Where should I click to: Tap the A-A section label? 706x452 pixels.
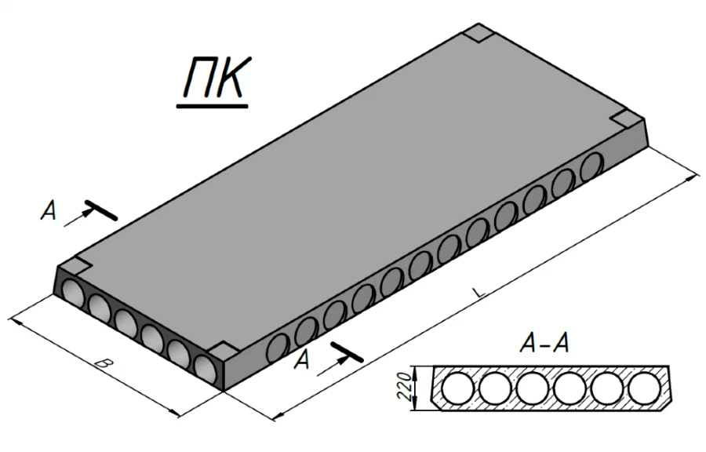tap(543, 344)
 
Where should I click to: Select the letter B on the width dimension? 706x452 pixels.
tap(100, 363)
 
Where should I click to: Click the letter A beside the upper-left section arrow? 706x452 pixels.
tap(50, 213)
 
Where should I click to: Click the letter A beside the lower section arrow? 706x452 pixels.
tap(304, 360)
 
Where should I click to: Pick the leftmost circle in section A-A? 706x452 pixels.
tap(458, 388)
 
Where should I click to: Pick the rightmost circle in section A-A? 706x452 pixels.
tap(645, 388)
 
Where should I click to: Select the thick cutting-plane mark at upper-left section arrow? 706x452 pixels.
tap(100, 210)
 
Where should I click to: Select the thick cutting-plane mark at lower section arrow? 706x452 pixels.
tap(346, 352)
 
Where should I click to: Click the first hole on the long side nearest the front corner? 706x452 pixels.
tap(277, 347)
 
